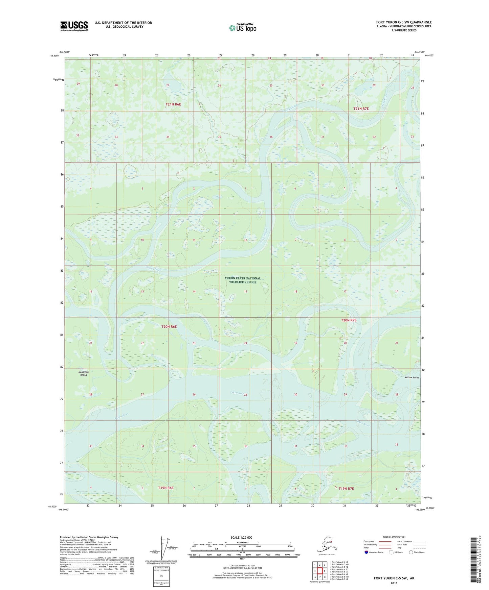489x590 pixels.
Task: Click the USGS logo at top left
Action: tap(74, 26)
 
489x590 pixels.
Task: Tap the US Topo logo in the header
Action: tap(242, 28)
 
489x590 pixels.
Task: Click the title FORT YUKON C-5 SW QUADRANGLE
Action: tap(404, 22)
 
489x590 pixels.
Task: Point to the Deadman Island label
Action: tap(84, 373)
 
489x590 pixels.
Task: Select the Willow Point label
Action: tap(412, 377)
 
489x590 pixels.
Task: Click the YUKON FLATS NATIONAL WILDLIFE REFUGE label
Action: tap(243, 280)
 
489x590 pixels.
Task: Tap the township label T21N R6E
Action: tap(173, 104)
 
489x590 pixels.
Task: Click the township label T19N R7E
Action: tap(346, 489)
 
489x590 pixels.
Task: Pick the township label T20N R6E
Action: tap(169, 327)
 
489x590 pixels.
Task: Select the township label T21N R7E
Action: tap(361, 109)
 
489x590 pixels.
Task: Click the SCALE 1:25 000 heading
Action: tap(241, 538)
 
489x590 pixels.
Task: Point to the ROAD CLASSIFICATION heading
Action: tap(394, 537)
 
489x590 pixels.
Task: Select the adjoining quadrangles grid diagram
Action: tap(319, 571)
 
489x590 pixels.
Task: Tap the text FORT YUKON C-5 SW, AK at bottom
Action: tap(394, 578)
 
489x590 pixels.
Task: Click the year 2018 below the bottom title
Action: tap(394, 583)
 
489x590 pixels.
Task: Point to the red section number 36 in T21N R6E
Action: tap(271, 137)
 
